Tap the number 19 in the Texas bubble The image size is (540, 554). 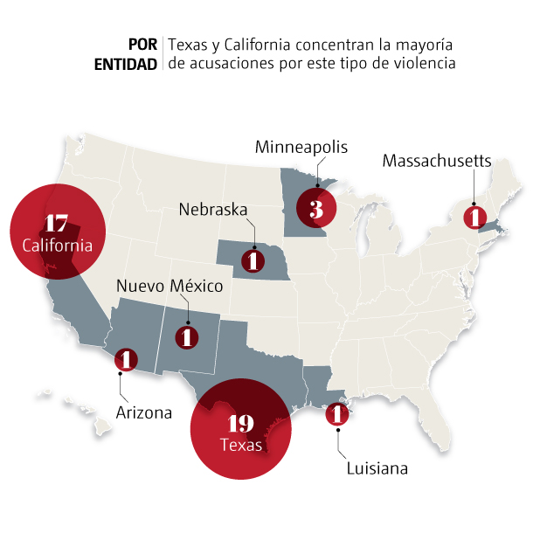point(239,424)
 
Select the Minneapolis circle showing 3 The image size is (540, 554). point(315,210)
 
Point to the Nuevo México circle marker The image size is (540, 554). point(187,336)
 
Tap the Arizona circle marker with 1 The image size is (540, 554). point(126,359)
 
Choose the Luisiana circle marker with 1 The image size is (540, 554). point(337,415)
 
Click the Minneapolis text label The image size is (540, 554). point(301,147)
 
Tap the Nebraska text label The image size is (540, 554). point(214,210)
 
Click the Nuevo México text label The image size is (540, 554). point(170,287)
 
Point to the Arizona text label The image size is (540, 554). point(144,412)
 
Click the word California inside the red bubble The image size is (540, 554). point(58,246)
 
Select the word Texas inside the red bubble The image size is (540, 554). point(240,446)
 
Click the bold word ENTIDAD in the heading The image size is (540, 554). point(127,64)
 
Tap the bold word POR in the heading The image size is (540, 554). point(142,45)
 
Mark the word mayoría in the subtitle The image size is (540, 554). point(429,45)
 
